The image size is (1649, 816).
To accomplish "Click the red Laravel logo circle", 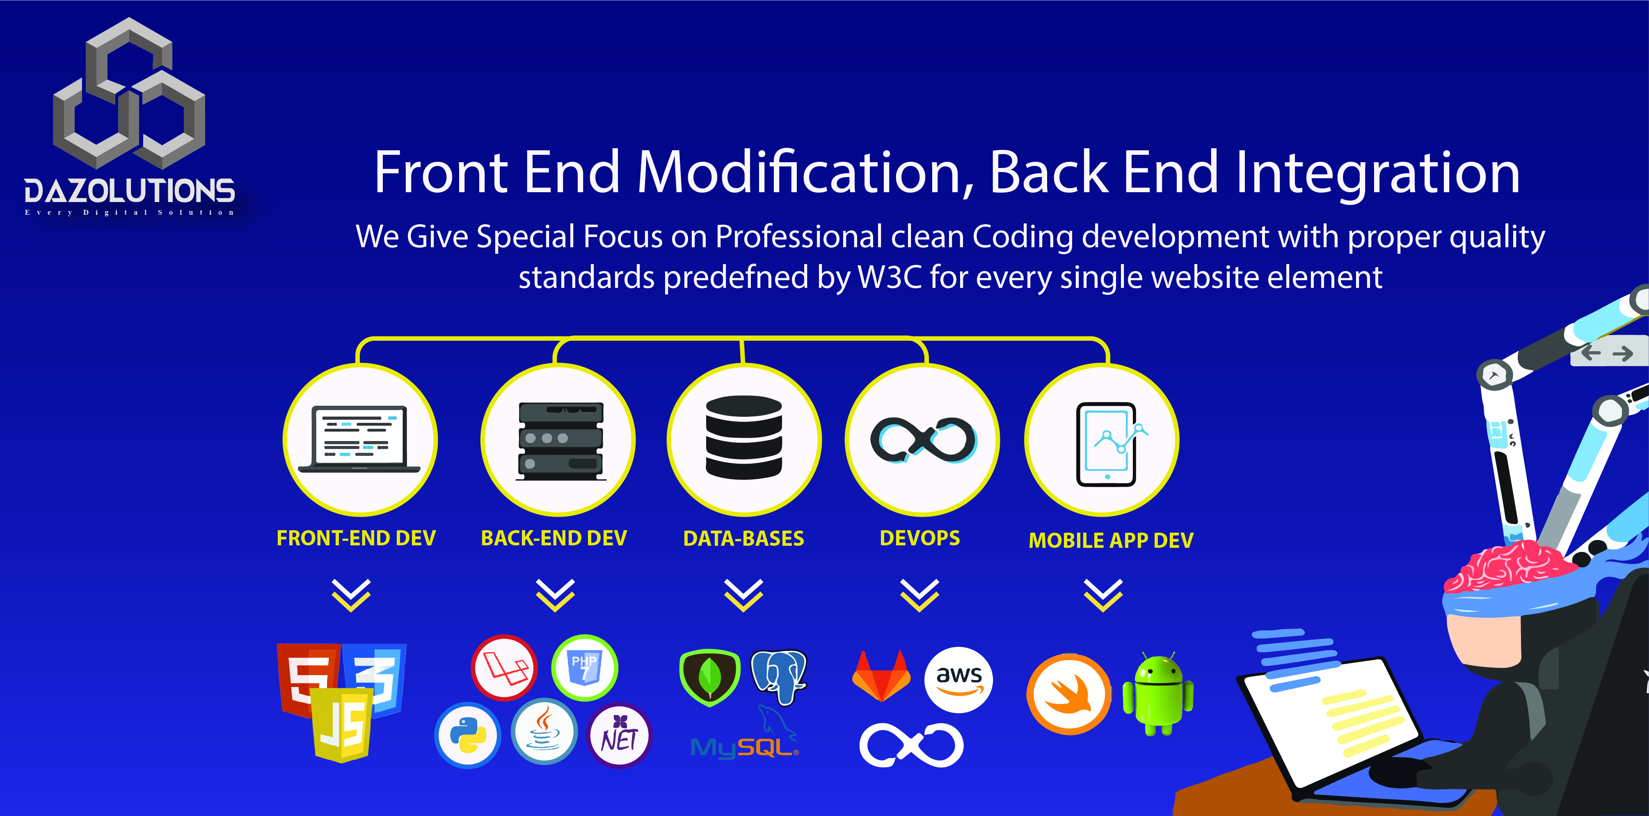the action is point(504,667).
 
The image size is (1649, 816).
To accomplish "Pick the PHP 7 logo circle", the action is point(584,667).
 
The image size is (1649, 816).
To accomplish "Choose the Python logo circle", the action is point(467,735).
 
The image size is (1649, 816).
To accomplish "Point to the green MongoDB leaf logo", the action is point(709,678).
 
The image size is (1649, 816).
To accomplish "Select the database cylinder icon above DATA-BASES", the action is point(744,437).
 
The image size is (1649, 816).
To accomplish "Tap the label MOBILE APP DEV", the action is point(1111,540).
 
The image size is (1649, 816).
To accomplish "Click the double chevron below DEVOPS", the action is point(919,595).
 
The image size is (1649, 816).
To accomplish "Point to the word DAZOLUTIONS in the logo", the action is point(129,191).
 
